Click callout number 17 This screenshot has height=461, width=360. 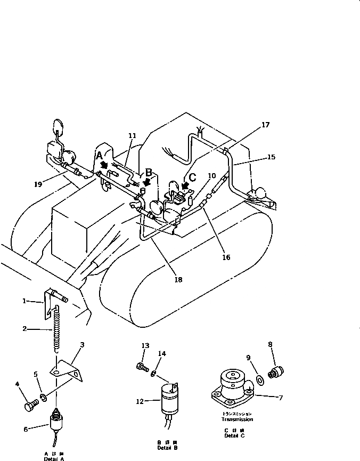(x=265, y=125)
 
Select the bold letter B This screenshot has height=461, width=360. (x=149, y=172)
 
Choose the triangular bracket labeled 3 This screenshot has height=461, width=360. (x=69, y=370)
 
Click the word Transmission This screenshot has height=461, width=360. (x=238, y=419)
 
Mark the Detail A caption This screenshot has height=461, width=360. (x=54, y=457)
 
